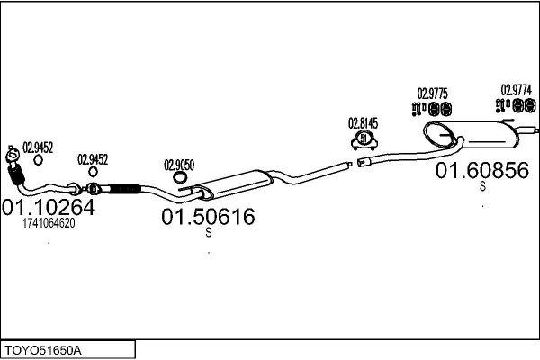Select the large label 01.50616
pyautogui.click(x=208, y=217)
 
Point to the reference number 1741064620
pyautogui.click(x=49, y=224)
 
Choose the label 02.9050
pyautogui.click(x=179, y=165)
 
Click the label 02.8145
pyautogui.click(x=364, y=123)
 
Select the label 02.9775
pyautogui.click(x=432, y=93)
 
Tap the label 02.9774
pyautogui.click(x=516, y=89)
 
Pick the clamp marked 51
pyautogui.click(x=363, y=139)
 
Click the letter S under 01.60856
pyautogui.click(x=482, y=187)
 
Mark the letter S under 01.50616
pyautogui.click(x=209, y=233)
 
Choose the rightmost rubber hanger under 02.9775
pyautogui.click(x=445, y=109)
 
